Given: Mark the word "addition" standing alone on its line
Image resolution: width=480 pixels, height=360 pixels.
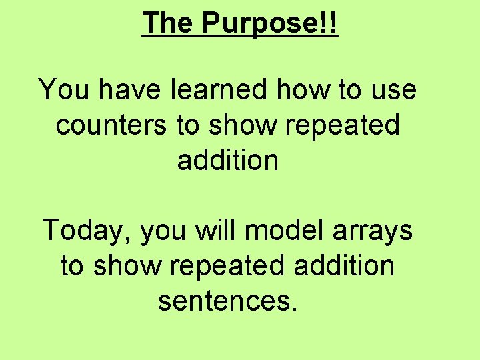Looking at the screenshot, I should point(228,160).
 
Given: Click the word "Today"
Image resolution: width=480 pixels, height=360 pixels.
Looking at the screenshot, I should point(87,231).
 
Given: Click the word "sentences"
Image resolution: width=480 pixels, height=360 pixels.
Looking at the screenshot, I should point(221,302).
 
